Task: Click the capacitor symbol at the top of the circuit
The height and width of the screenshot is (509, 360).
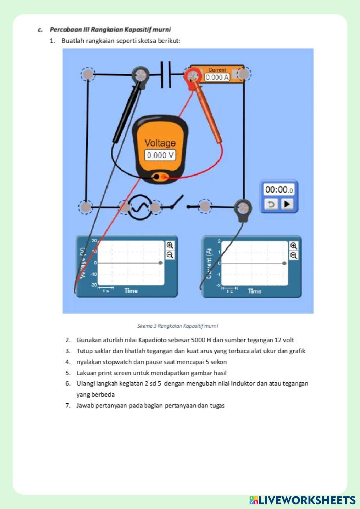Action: (166, 75)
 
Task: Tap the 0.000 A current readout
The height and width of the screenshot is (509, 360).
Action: (217, 77)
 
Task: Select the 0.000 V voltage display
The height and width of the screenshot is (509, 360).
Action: (160, 155)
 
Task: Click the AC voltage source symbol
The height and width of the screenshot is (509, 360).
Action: (139, 207)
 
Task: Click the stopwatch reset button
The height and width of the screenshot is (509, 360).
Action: (271, 204)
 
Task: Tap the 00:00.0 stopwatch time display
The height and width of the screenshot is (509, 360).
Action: (279, 189)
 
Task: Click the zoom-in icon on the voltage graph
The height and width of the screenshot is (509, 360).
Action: (170, 246)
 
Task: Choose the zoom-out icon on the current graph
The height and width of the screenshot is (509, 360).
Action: (294, 256)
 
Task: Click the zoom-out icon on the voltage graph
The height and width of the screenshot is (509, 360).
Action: (170, 255)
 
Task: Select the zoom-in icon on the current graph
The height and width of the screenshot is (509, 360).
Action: (294, 246)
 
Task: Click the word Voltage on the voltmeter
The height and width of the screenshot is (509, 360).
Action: (160, 143)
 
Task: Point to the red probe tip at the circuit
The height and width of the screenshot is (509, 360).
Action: (193, 76)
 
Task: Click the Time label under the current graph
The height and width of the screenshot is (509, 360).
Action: (255, 291)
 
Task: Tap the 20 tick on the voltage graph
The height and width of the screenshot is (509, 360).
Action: (94, 240)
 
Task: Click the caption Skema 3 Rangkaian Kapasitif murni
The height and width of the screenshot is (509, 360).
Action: (177, 326)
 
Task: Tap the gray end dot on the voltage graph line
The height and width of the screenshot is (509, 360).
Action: (161, 263)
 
